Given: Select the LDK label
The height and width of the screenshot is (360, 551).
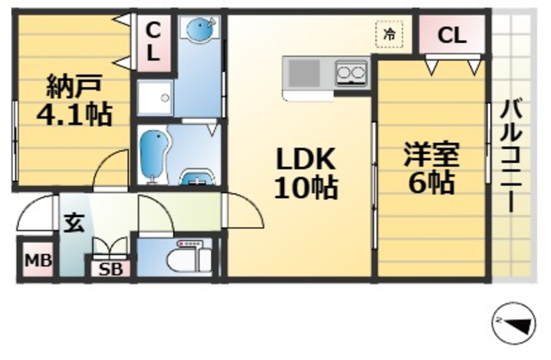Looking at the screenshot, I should (305, 159).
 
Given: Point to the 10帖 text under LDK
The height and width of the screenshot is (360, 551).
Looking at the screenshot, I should (305, 187).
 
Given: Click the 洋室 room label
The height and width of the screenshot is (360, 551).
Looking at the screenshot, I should (432, 154).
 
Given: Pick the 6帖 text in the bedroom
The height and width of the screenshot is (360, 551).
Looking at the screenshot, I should (432, 183).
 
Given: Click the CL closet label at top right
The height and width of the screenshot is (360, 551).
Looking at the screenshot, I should (451, 36).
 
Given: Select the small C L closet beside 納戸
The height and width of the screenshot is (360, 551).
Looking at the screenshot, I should (152, 40).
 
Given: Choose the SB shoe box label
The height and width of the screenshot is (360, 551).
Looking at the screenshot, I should (110, 269).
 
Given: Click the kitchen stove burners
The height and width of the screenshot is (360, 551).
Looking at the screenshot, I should (350, 74).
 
